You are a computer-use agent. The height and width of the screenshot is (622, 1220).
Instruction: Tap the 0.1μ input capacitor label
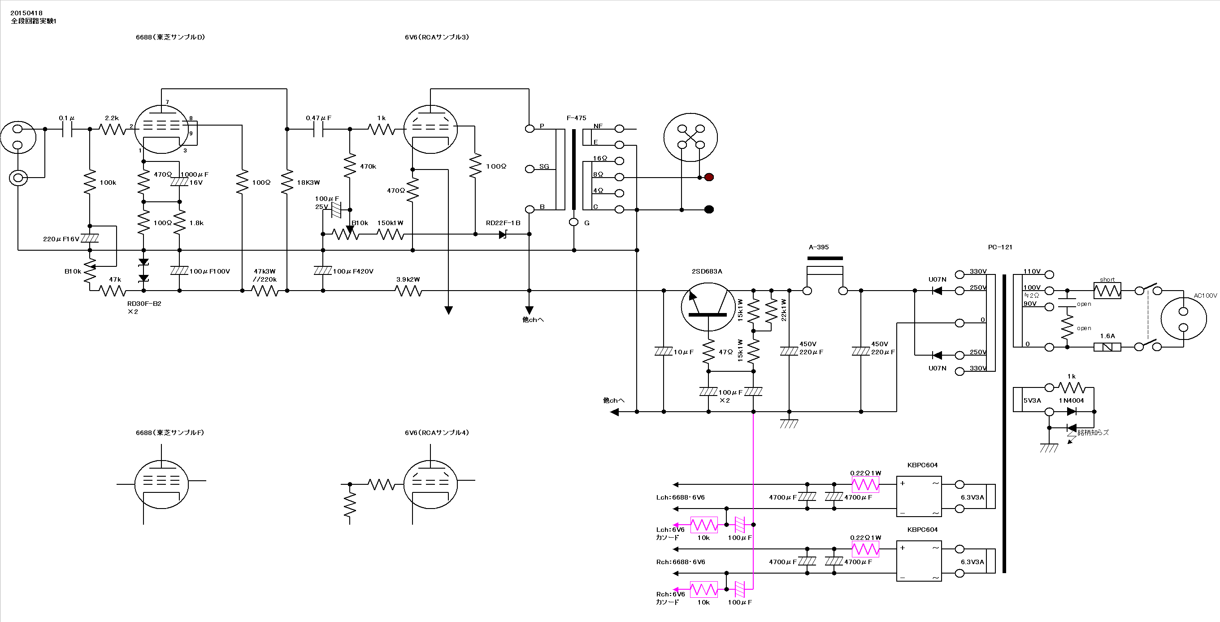tap(67, 118)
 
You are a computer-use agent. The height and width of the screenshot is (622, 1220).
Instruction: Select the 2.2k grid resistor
tap(112, 129)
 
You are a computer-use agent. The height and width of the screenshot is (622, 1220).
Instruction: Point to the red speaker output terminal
tap(709, 177)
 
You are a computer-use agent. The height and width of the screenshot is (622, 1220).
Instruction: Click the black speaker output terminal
tap(709, 209)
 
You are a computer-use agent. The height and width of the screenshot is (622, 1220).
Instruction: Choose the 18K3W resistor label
tap(308, 183)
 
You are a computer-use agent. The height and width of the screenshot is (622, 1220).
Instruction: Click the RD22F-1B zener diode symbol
tap(503, 234)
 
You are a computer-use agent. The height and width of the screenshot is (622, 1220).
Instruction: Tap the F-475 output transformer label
tap(577, 118)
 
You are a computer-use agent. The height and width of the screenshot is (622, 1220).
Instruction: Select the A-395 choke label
tap(819, 247)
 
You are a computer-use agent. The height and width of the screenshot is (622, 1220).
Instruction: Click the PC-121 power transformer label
tap(1000, 247)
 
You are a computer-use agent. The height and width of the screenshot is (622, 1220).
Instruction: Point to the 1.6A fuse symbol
tap(1107, 347)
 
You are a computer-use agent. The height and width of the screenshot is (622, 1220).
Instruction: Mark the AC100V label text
tap(1205, 296)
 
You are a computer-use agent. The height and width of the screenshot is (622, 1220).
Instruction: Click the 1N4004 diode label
tap(1071, 400)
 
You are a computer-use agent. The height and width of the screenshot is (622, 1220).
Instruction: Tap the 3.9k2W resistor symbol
tap(408, 291)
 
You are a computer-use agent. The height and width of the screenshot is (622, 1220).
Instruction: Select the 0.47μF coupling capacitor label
tap(319, 118)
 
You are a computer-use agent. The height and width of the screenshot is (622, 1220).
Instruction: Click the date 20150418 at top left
tap(26, 13)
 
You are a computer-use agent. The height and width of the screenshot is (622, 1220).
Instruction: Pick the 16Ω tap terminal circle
tap(619, 161)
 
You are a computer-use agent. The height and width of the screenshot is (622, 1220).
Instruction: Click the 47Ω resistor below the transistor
tap(708, 352)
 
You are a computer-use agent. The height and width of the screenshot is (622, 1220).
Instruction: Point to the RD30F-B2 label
tap(144, 304)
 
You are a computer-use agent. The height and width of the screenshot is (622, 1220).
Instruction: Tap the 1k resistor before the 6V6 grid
tap(381, 129)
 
